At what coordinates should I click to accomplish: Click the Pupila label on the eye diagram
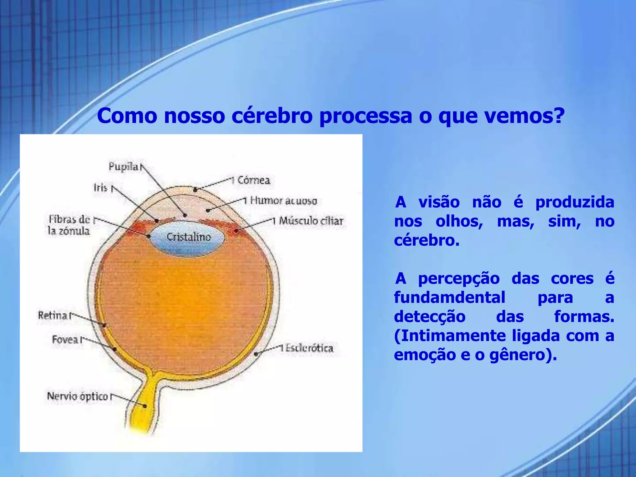(123, 167)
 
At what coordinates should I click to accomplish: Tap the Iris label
(100, 188)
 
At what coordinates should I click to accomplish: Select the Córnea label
(254, 180)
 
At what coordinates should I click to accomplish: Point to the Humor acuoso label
(284, 201)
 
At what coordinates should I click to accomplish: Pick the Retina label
(52, 316)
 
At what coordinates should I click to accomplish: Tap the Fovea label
(65, 339)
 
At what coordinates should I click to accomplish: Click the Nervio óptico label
(77, 396)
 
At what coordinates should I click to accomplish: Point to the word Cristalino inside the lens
(189, 237)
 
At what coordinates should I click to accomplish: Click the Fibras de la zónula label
(69, 225)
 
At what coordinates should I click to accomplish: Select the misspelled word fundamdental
(450, 298)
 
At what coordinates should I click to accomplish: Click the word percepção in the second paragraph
(459, 279)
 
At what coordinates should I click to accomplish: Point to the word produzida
(575, 202)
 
